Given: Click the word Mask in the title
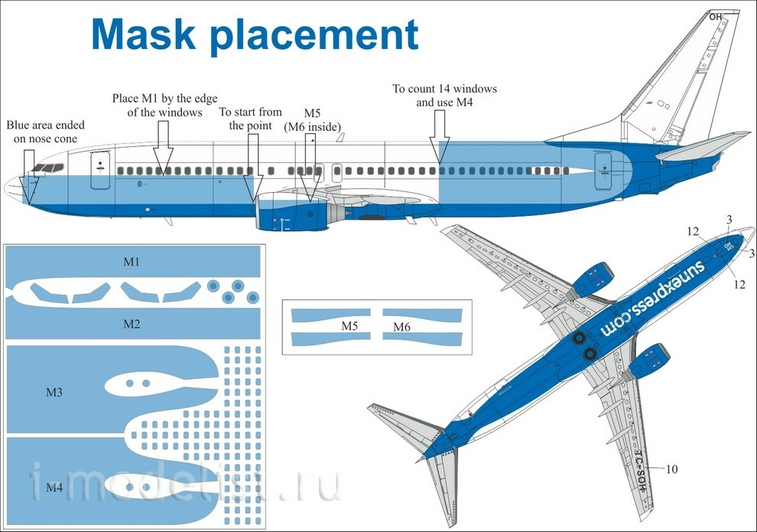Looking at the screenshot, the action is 143,34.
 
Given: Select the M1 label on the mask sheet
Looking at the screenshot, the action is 132,262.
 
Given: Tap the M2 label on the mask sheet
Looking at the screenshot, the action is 132,324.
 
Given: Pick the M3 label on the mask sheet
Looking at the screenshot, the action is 54,393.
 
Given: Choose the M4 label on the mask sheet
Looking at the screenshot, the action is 54,488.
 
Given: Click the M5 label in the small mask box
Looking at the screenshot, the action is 349,325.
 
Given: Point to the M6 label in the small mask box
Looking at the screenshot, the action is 401,327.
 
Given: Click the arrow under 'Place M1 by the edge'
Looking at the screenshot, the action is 164,148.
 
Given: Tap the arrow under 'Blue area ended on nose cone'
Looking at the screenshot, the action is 28,177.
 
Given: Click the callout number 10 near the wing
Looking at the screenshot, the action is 671,468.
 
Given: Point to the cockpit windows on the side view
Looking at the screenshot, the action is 47,168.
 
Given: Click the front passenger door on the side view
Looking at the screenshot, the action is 100,170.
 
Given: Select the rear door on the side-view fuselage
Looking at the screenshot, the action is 603,171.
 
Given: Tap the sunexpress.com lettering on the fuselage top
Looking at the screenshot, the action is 653,298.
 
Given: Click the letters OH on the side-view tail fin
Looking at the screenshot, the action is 715,17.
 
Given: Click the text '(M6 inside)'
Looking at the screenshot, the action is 313,126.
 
